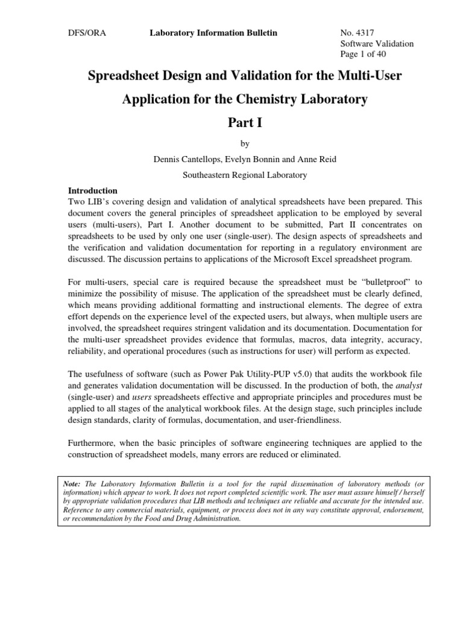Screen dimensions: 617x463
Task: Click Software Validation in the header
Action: [x=377, y=43]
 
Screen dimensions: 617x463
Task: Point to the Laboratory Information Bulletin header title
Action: [x=213, y=33]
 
